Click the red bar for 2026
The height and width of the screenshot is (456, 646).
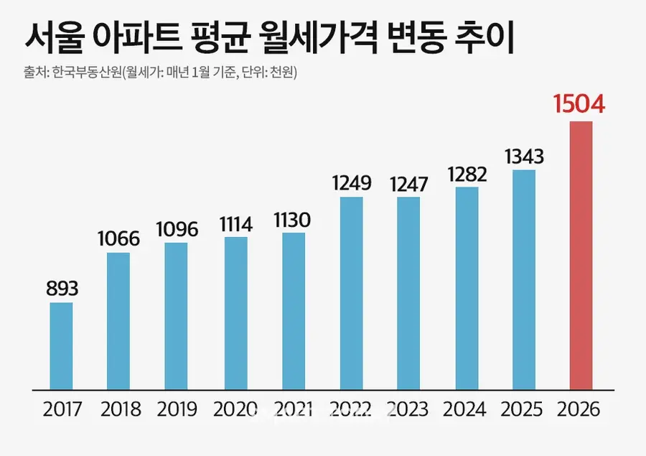[x=581, y=255]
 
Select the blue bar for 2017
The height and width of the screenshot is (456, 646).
[x=61, y=345]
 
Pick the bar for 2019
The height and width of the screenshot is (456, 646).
[x=176, y=316]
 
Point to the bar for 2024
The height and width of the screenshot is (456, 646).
[x=467, y=288]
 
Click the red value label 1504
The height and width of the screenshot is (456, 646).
[x=580, y=104]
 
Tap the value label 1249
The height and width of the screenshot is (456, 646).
[x=351, y=182]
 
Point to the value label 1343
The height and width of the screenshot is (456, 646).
[x=523, y=156]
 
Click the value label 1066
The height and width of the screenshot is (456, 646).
[x=118, y=238]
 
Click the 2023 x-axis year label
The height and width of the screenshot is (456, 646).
[x=408, y=410]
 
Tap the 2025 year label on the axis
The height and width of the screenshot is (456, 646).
[x=523, y=410]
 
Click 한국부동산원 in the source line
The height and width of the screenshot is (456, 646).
[x=87, y=72]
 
